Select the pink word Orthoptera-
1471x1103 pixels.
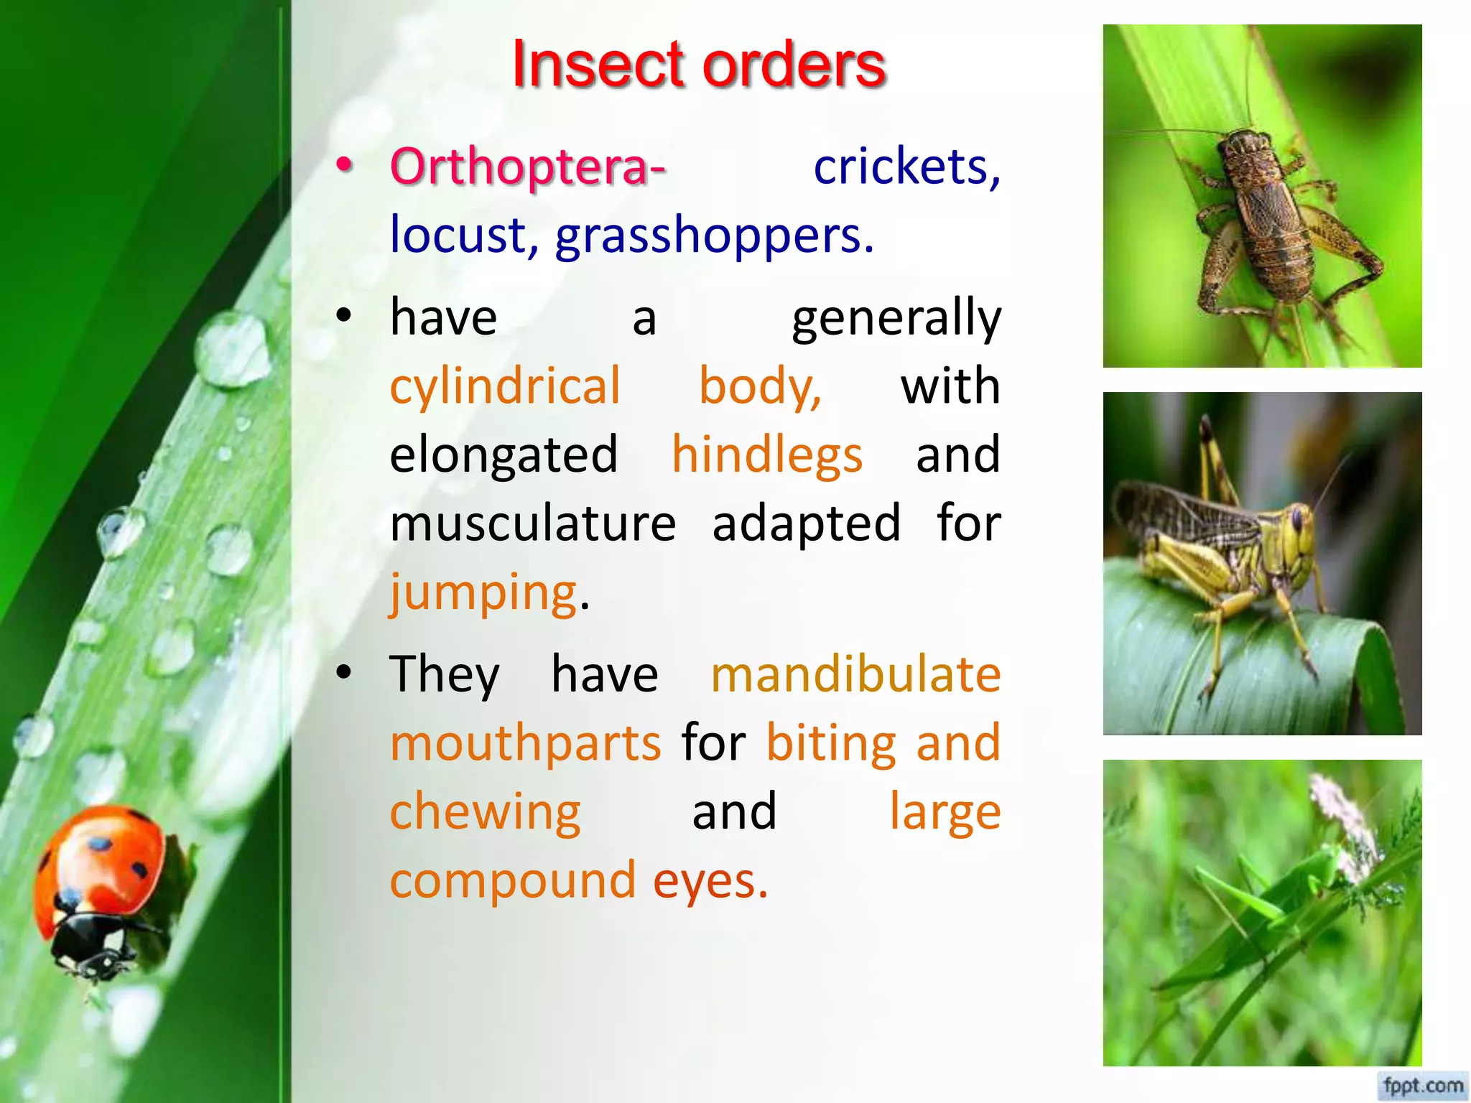[528, 167]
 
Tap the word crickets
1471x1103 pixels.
[906, 167]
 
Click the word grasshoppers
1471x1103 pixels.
[715, 235]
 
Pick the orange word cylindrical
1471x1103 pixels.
[505, 386]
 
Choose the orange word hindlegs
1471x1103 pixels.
[767, 455]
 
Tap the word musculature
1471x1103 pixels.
[533, 523]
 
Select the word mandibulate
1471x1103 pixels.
[855, 674]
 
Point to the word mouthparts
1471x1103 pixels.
[525, 743]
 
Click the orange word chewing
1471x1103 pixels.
[485, 811]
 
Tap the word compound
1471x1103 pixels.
[513, 880]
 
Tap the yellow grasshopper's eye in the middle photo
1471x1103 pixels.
[1297, 518]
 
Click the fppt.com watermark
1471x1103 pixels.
[1423, 1084]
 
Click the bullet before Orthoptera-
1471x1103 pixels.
[345, 165]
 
